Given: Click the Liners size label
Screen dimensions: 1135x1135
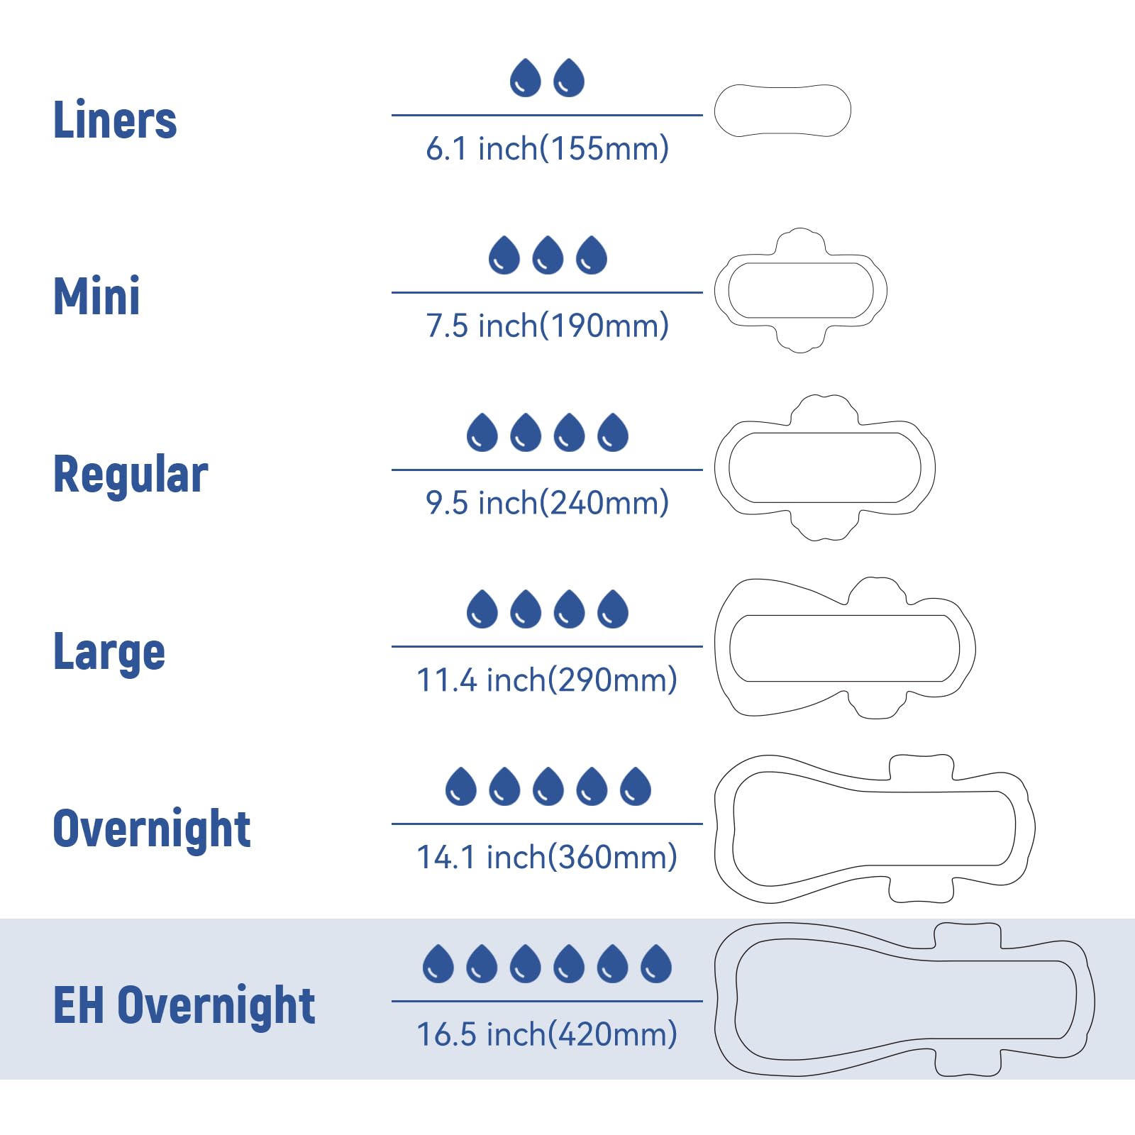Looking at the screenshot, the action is click(x=115, y=119).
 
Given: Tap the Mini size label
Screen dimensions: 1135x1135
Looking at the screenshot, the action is click(x=96, y=296).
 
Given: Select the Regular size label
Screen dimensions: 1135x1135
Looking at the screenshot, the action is click(x=131, y=474).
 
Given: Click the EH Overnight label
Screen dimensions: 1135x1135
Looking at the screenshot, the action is click(x=184, y=1005).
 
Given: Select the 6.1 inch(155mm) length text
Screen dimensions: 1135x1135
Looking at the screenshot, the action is click(x=547, y=148).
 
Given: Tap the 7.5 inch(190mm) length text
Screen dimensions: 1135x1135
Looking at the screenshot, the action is click(x=547, y=326).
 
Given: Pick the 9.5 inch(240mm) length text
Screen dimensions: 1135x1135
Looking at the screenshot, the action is click(x=547, y=503).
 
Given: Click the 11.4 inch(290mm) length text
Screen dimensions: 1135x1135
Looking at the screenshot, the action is click(x=547, y=680).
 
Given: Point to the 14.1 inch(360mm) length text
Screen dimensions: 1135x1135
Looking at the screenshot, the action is click(x=547, y=857).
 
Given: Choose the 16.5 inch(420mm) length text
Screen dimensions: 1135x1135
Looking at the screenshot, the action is click(x=547, y=1034).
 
